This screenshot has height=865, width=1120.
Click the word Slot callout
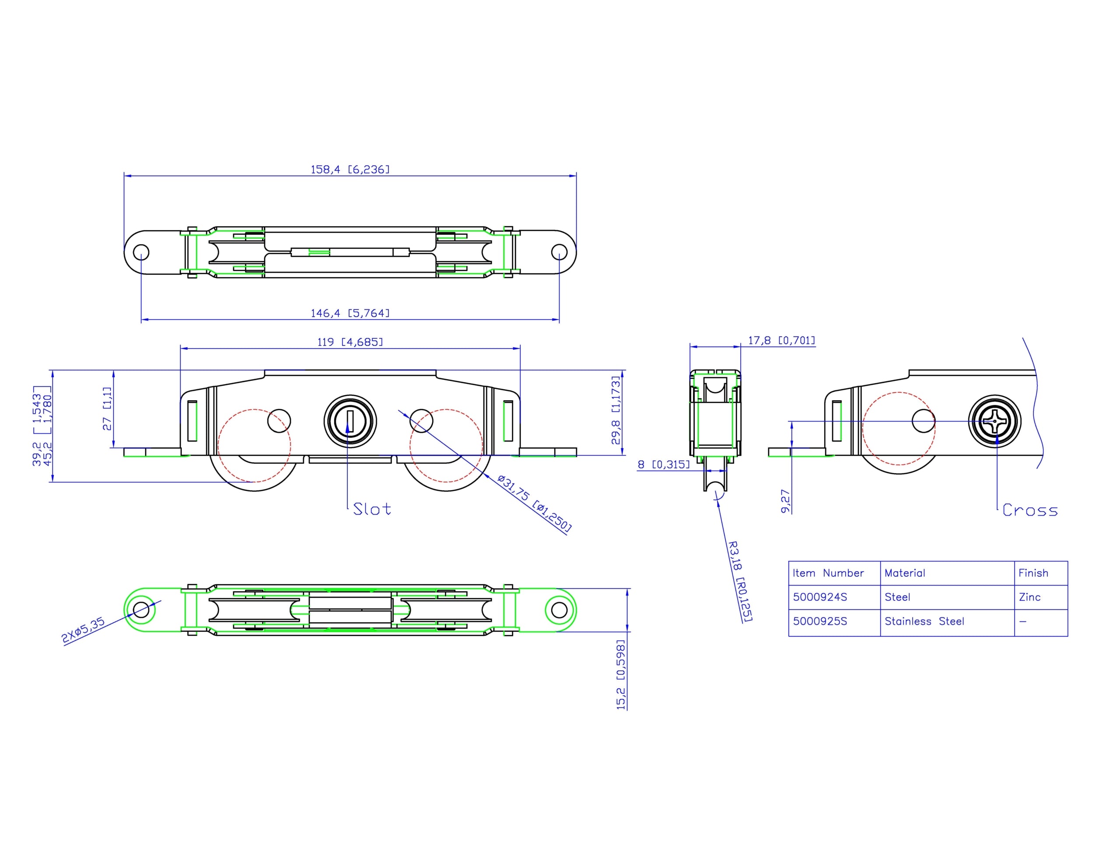coord(372,509)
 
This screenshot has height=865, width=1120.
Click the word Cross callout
coord(1030,511)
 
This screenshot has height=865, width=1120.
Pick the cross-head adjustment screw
coord(994,422)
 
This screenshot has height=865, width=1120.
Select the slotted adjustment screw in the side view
coord(350,421)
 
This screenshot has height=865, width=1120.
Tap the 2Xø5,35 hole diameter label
coord(83,630)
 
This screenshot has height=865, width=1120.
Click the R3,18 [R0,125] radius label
coord(740,582)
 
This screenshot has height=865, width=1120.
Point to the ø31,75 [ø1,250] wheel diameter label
coord(534,503)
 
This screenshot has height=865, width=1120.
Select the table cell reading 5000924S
coord(820,597)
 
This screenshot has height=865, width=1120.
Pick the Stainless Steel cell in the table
coord(924,621)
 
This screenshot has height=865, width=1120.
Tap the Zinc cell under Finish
coord(1029,597)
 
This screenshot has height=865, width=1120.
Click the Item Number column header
coord(828,573)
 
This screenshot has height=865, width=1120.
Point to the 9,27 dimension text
coord(786,501)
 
